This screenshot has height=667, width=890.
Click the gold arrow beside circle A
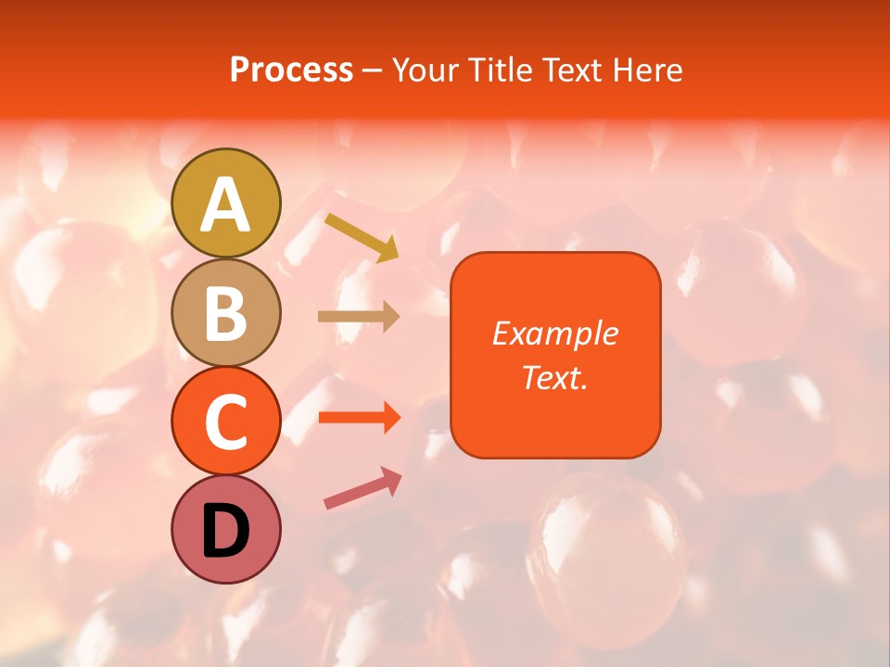362,236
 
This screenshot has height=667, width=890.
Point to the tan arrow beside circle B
359,317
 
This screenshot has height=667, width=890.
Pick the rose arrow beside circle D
362,488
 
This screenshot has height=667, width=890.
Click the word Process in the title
291,70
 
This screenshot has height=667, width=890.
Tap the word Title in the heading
499,70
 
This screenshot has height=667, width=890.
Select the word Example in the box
554,333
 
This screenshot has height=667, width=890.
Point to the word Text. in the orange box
554,377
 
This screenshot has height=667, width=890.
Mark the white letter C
226,422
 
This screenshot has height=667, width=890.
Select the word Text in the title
571,70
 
